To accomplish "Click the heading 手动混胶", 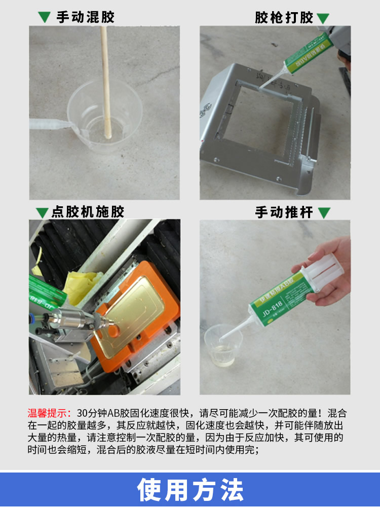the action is pos(86,17).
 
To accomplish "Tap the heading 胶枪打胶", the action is pos(284,18).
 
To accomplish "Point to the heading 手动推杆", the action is pos(284,212).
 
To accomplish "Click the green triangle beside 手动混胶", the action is pos(45,17).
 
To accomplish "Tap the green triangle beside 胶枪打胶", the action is pos(323,18).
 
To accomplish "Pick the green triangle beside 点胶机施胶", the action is pos(42,213).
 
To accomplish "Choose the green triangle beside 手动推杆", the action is pos(324,212).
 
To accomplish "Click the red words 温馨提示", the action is pos(49,413).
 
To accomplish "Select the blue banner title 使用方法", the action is pos(191,490).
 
